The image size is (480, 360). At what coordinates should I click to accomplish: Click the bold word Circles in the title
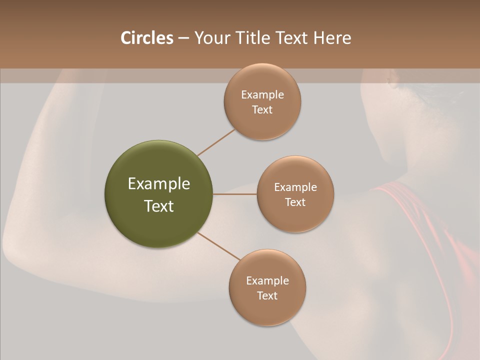point(146,38)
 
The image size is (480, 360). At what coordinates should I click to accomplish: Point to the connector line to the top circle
point(216,141)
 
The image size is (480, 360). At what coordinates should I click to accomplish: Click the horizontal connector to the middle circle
point(234,194)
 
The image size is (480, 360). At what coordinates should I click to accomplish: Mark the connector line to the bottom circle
point(219,246)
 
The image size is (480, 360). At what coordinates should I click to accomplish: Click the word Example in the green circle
point(158,184)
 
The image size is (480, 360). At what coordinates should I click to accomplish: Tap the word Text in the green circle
point(158,206)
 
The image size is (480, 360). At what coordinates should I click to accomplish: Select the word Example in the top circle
point(262,94)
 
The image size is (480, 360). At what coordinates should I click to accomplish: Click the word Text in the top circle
point(262,109)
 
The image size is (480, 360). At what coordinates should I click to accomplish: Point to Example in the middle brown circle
point(295,187)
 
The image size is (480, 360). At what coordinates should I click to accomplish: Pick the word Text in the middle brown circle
point(295,202)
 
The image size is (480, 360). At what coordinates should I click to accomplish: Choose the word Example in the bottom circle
point(267,280)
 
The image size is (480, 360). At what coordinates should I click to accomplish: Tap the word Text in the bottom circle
point(267,295)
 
